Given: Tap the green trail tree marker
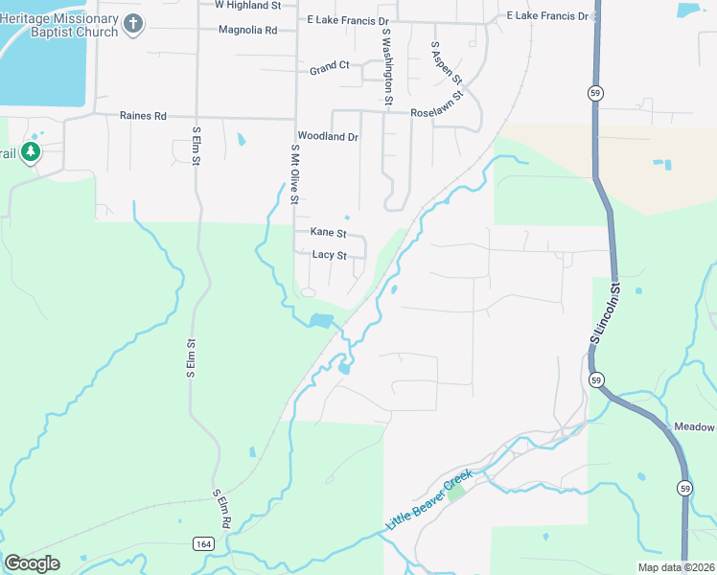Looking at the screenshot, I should click(x=31, y=153).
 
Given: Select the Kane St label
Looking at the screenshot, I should click(x=328, y=233).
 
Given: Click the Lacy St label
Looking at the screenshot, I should click(x=329, y=255).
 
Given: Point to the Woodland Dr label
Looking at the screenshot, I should click(x=328, y=137).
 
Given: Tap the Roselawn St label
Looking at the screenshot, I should click(x=437, y=112).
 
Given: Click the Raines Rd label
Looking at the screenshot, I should click(x=143, y=116).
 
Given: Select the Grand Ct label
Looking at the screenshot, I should click(x=330, y=67).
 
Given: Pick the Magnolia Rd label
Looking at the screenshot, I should click(x=247, y=31).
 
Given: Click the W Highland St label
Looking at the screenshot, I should click(x=247, y=5).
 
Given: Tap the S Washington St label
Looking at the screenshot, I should click(x=387, y=66).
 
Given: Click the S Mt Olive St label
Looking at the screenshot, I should click(x=295, y=173).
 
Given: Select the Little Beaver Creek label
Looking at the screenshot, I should click(x=429, y=501).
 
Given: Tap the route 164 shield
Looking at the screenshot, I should click(x=202, y=543).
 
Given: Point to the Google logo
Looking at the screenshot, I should click(x=32, y=563).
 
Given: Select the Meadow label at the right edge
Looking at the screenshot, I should click(x=695, y=427).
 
